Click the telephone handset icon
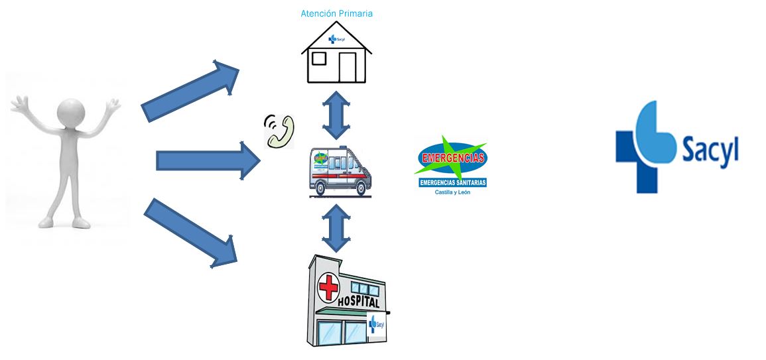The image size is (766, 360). click(x=279, y=131)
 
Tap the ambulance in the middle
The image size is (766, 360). click(x=340, y=172)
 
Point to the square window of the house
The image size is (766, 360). click(x=318, y=59)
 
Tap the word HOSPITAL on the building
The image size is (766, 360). click(x=359, y=302)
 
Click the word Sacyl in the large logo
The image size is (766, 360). click(x=710, y=151)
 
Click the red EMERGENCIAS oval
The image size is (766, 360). click(x=451, y=158)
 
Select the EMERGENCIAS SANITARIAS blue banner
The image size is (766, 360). click(x=452, y=182)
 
